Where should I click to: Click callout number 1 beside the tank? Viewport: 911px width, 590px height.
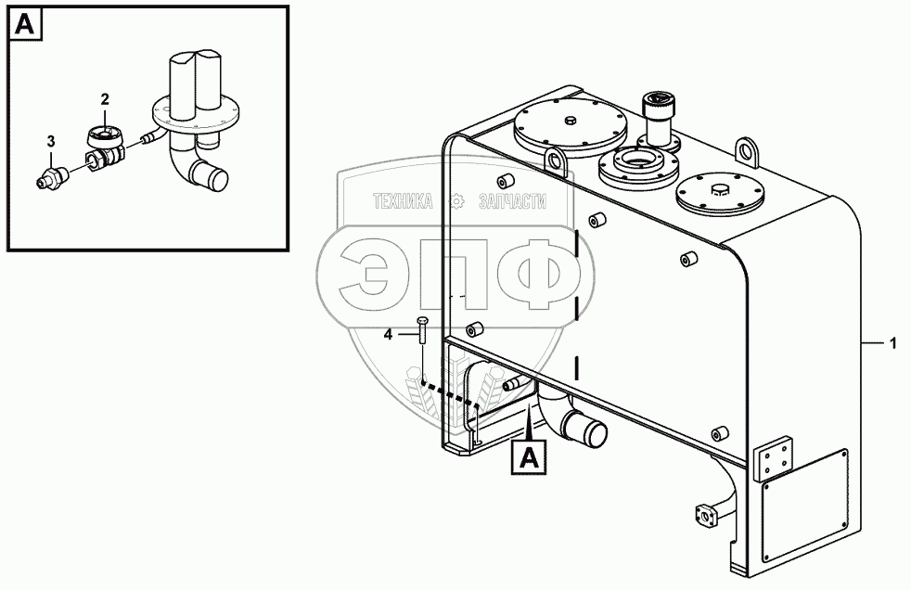[892, 344]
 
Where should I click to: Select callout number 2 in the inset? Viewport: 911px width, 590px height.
[105, 98]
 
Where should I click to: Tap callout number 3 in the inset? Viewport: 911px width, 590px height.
[51, 141]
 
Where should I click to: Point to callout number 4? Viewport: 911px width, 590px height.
[390, 333]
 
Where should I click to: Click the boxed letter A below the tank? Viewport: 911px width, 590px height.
[528, 455]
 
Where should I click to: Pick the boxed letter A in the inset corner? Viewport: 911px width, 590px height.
[26, 26]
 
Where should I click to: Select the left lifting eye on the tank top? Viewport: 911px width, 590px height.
[558, 161]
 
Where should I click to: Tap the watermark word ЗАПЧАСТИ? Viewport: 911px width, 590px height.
[512, 200]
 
